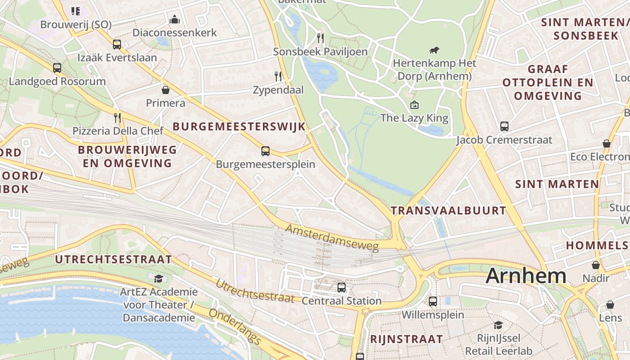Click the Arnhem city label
[526, 275]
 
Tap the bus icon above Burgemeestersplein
[265, 151]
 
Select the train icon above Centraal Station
[342, 287]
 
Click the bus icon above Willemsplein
[433, 301]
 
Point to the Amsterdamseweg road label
[333, 237]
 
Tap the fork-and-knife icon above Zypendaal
[278, 76]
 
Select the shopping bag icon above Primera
[166, 90]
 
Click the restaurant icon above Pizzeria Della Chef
[117, 118]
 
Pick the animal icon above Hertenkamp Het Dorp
[434, 50]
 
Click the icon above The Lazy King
[414, 105]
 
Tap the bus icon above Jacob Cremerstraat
[504, 126]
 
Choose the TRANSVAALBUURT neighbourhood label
[448, 210]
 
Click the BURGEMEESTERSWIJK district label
[239, 126]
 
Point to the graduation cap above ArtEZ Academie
[158, 279]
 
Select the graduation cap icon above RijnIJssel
[498, 325]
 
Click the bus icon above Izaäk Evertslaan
[117, 44]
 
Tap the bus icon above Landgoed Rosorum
[57, 68]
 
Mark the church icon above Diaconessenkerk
[175, 19]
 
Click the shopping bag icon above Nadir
[596, 265]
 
